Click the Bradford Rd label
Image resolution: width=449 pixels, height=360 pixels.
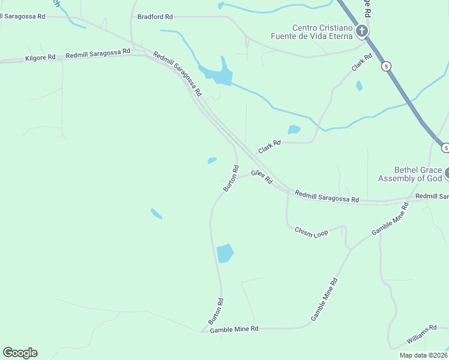(155, 17)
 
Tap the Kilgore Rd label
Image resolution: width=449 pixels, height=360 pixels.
(40, 58)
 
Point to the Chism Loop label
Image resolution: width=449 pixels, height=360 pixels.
(312, 232)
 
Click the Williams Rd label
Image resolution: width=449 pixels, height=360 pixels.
(421, 335)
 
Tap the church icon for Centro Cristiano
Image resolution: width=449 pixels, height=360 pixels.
(361, 31)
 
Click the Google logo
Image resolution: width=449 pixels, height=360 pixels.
(20, 353)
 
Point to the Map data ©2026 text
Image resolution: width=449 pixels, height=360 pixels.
(423, 355)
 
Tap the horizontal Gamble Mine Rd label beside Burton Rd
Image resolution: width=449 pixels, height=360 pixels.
(234, 329)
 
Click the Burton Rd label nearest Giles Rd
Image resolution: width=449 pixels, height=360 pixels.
(231, 178)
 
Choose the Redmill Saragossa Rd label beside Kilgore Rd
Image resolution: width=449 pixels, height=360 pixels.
(98, 53)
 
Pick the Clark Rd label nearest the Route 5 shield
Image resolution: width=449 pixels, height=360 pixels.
(362, 62)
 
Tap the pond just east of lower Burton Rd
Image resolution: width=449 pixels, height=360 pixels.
(224, 253)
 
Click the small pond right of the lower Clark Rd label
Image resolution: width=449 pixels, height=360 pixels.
(294, 130)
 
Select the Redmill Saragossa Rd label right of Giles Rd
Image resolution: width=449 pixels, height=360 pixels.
(327, 196)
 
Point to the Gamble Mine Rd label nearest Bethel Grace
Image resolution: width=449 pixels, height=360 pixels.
(390, 219)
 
